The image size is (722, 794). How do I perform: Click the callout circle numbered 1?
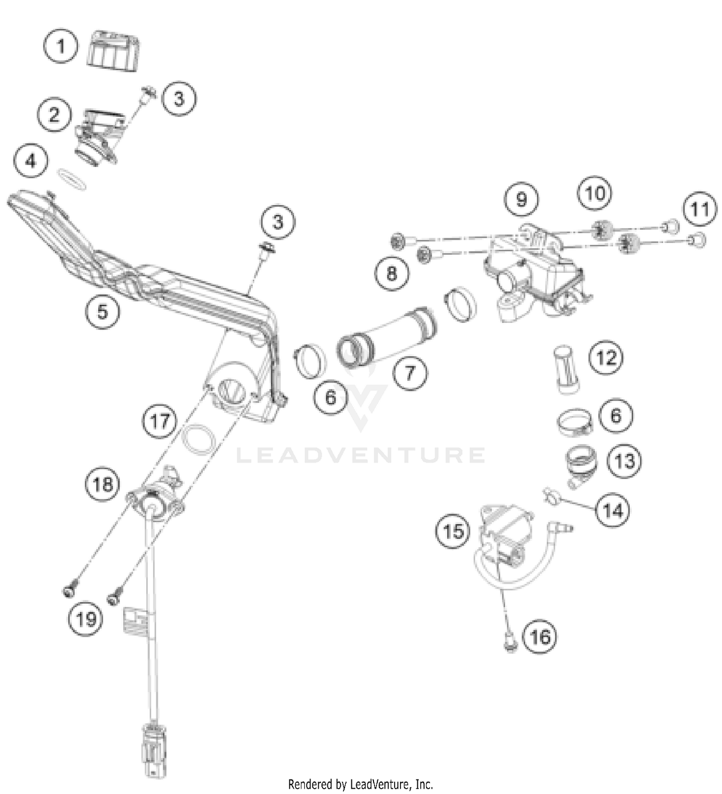pos(61,46)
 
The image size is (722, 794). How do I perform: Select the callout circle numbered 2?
pos(54,115)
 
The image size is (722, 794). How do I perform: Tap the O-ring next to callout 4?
pos(72,178)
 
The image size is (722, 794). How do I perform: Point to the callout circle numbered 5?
pos(103,311)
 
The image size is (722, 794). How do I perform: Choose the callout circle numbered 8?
pos(392,273)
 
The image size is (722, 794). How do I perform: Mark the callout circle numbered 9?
pos(522,199)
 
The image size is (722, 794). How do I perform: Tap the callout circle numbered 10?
pos(595,193)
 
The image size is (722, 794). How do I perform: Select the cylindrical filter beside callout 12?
pos(567,369)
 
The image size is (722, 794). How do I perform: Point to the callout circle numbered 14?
pos(613,511)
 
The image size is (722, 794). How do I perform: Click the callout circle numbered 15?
pos(453,532)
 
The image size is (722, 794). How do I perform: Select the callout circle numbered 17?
pos(160,421)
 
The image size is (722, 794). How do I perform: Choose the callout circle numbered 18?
pos(103,484)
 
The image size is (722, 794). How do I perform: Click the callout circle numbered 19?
pos(86,619)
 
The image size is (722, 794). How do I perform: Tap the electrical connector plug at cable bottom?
pos(151,746)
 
